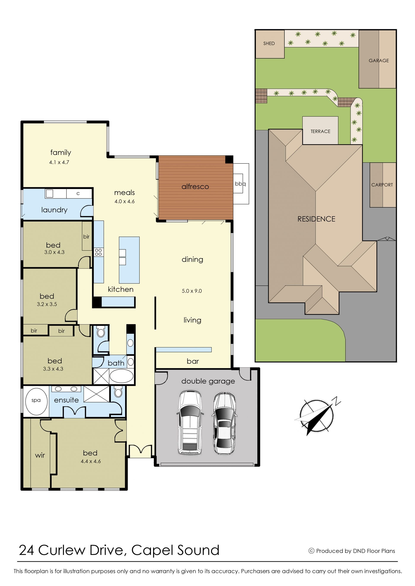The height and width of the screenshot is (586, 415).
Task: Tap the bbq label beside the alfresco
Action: click(x=240, y=184)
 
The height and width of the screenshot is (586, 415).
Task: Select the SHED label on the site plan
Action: click(x=269, y=43)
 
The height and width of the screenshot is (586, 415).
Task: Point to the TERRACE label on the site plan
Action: click(x=320, y=131)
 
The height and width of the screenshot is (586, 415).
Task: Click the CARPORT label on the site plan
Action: click(x=382, y=185)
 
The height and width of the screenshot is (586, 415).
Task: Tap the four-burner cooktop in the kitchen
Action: click(x=98, y=252)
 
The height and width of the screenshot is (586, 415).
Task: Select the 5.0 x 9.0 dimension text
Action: click(x=192, y=291)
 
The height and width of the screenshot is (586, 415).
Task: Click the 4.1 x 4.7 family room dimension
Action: click(x=59, y=162)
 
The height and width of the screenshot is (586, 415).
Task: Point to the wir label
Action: click(x=40, y=455)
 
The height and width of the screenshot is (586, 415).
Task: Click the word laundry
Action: click(x=54, y=210)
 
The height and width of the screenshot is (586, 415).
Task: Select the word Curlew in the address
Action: click(x=62, y=551)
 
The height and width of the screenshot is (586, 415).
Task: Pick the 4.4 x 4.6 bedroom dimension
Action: click(x=91, y=461)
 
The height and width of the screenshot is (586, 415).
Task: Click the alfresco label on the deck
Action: click(x=195, y=187)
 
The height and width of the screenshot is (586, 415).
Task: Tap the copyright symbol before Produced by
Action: click(x=311, y=551)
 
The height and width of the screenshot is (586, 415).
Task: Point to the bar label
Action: click(x=193, y=361)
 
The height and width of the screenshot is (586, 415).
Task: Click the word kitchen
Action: click(x=121, y=289)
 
